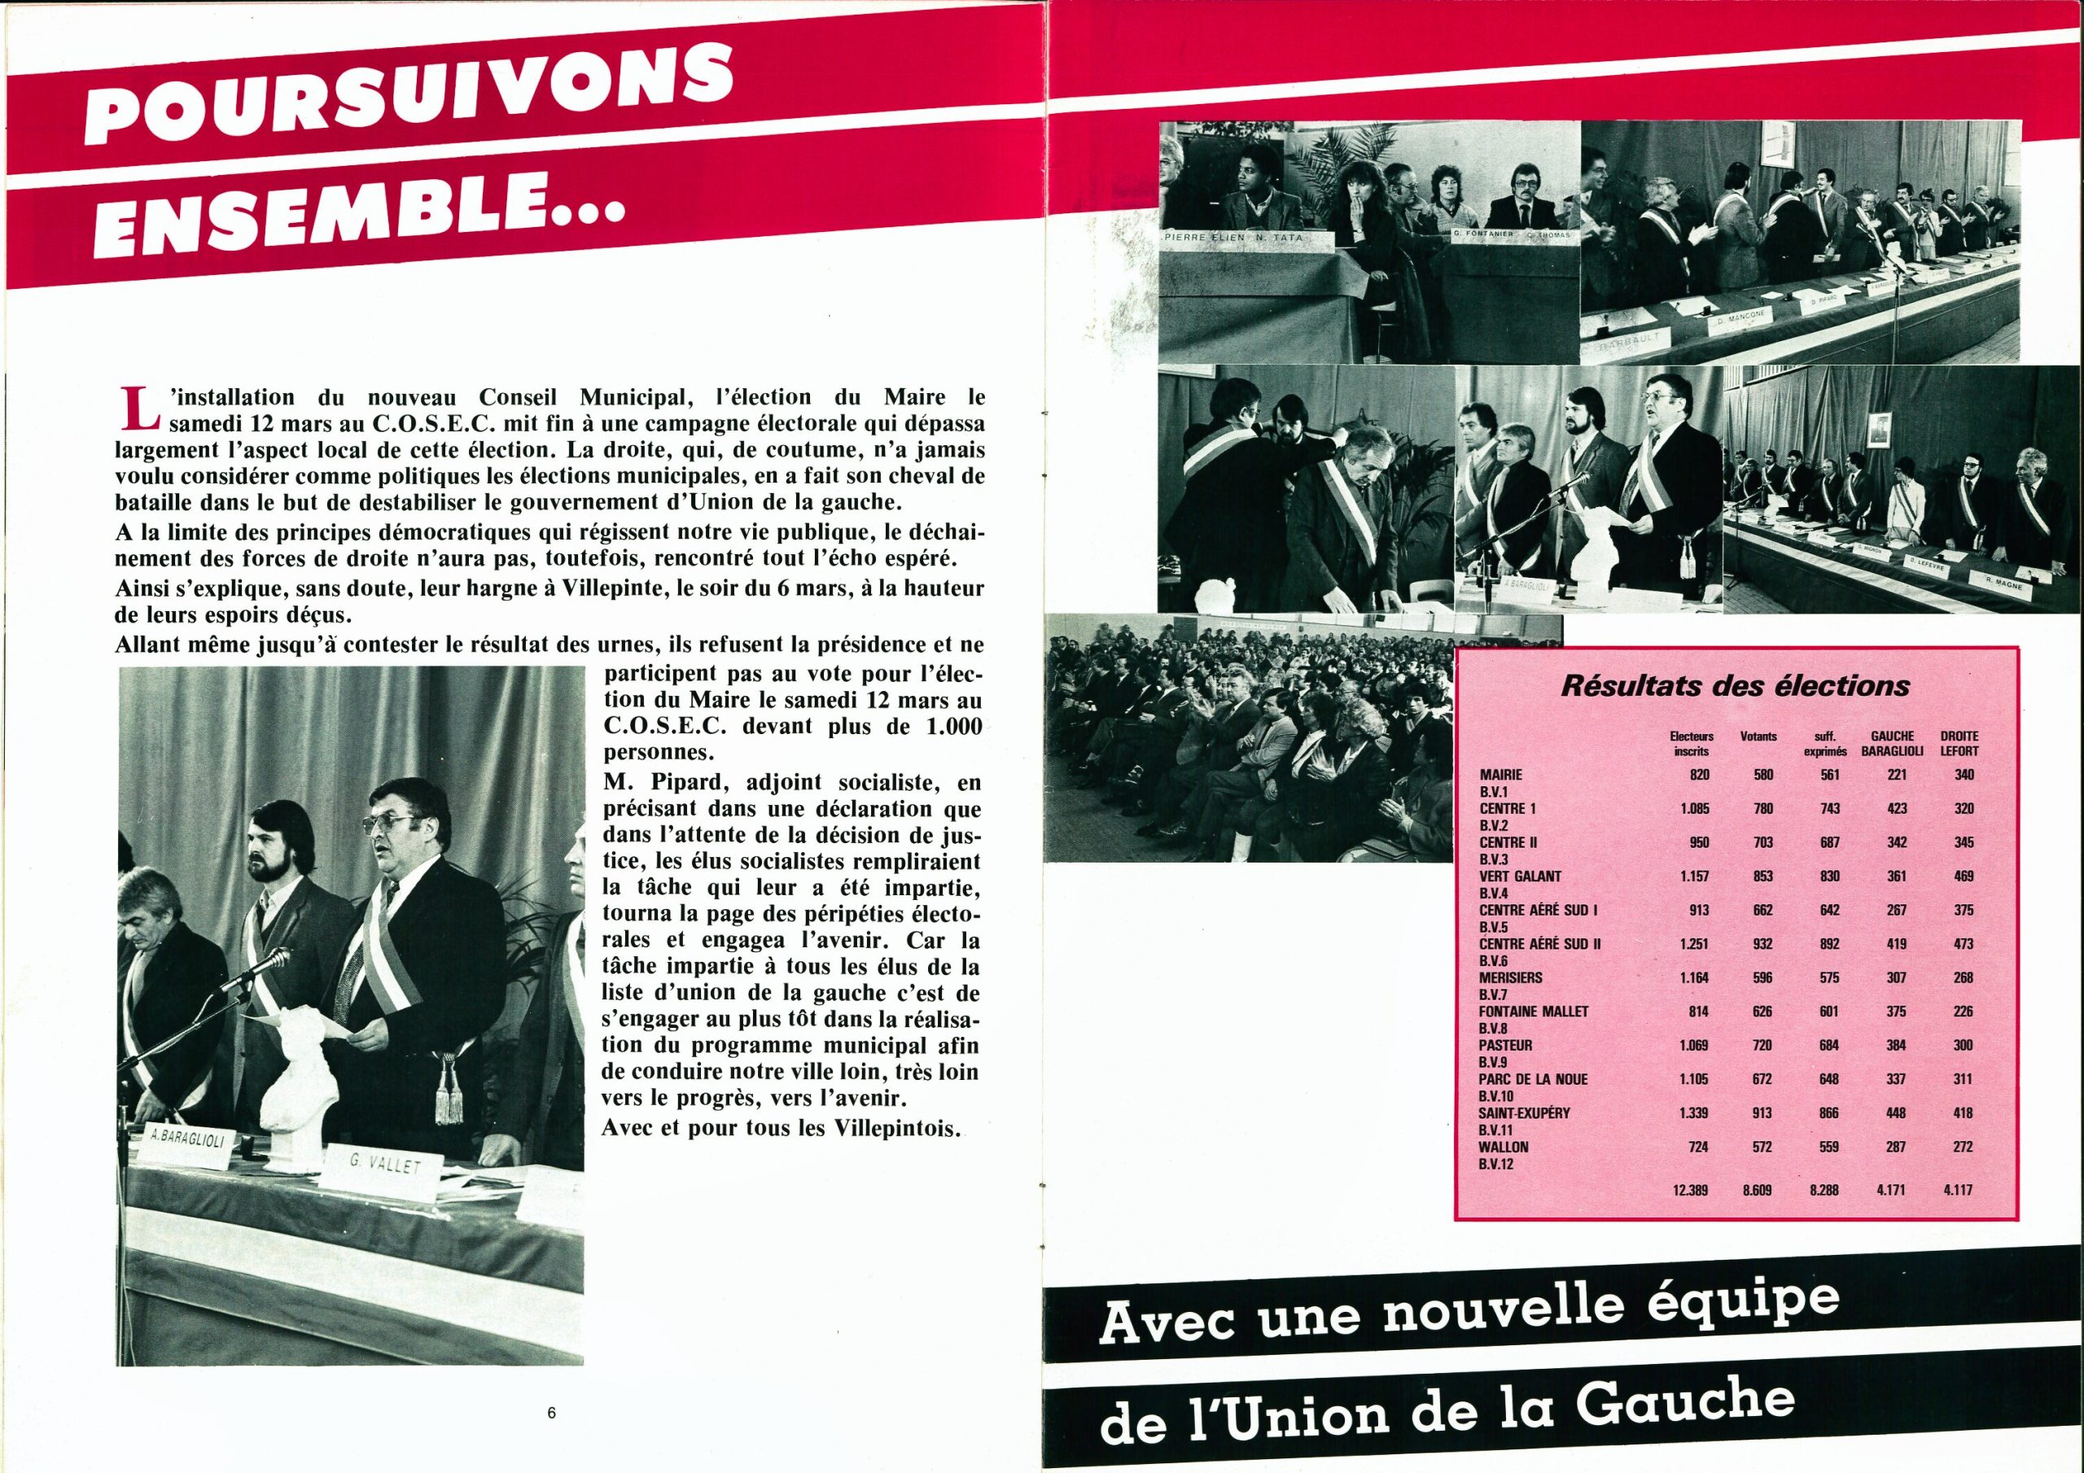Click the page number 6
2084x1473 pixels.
tap(551, 1413)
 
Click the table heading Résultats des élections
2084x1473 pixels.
tap(1735, 686)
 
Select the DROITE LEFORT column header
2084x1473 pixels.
tap(1958, 743)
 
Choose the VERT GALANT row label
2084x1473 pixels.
tap(1521, 876)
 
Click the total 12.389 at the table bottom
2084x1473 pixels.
tap(1691, 1189)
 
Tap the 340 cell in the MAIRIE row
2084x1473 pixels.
tap(1964, 775)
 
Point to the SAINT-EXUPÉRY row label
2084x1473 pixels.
tap(1524, 1112)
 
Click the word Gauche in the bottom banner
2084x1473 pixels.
tap(1687, 1402)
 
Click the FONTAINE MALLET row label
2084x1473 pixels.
tap(1533, 1011)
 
